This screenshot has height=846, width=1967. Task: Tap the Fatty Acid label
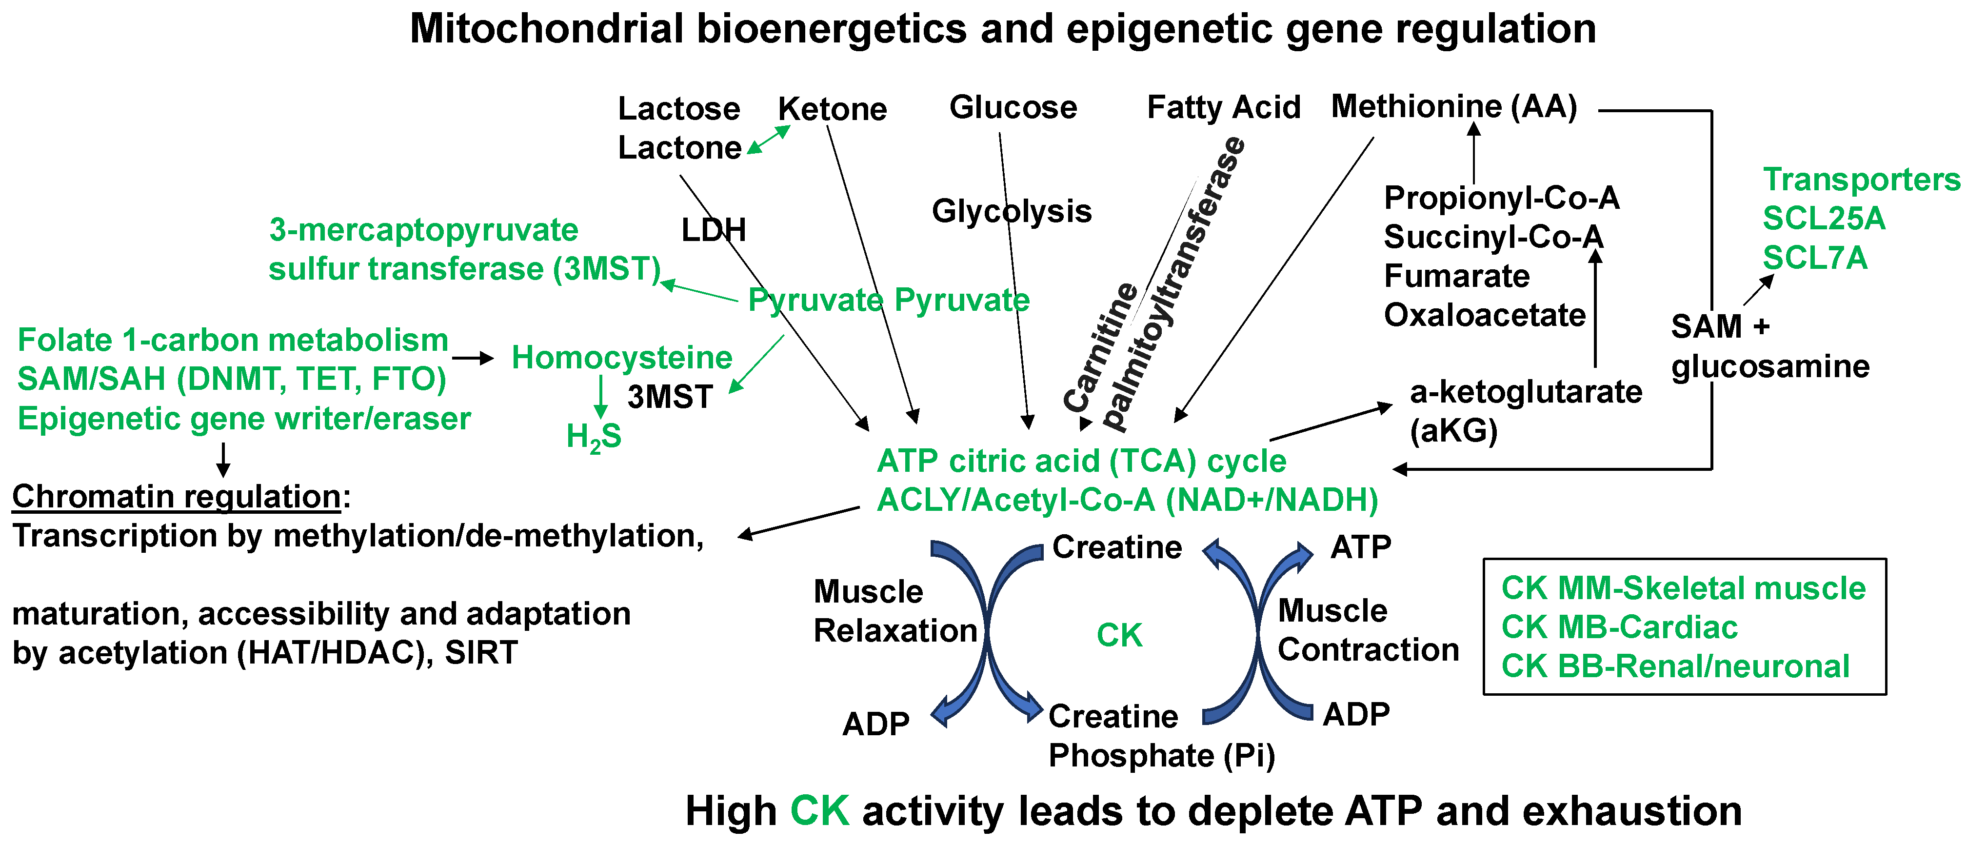[1224, 108]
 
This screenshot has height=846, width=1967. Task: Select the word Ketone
[833, 109]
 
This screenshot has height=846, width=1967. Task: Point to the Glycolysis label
[1012, 212]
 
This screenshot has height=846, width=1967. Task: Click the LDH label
[713, 230]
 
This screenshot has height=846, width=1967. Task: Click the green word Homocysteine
[621, 357]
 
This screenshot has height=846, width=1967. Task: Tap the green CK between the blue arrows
[1119, 635]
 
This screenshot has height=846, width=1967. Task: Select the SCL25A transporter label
[1824, 219]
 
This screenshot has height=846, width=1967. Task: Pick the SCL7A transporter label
[1815, 258]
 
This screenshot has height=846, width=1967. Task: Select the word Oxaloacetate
[1485, 315]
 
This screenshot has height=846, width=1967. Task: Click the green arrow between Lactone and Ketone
[768, 140]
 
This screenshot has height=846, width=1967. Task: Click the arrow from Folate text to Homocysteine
[473, 357]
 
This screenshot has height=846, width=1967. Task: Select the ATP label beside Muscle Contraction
[1361, 547]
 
